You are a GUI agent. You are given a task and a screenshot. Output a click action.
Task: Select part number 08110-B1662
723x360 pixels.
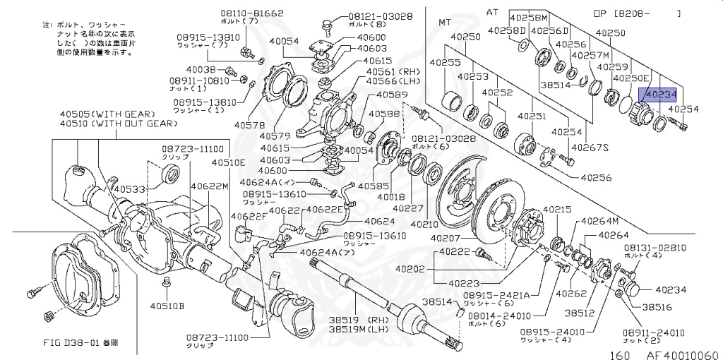(x=234, y=13)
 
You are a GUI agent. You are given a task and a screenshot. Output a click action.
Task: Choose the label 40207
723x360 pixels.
(x=446, y=240)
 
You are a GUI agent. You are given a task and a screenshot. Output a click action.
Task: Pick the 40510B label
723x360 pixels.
(x=167, y=306)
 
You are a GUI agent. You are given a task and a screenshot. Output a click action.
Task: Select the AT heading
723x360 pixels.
(x=491, y=12)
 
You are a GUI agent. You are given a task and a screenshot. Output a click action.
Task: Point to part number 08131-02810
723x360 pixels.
(x=654, y=248)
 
